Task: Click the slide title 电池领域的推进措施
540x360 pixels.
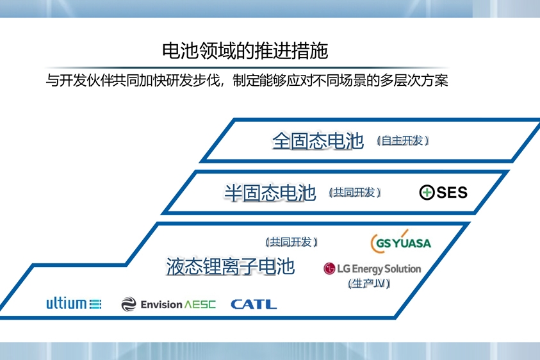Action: (245, 51)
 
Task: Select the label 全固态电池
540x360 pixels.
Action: (318, 141)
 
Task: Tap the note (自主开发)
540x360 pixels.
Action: (402, 140)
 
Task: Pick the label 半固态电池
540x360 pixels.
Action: (270, 192)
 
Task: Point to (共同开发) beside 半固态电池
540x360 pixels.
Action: (354, 192)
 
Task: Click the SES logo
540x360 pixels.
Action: (443, 192)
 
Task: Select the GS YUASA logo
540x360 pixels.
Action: (401, 242)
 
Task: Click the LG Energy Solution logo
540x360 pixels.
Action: (372, 268)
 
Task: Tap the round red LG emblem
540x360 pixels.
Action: (330, 269)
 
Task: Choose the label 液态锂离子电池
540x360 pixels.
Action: (230, 266)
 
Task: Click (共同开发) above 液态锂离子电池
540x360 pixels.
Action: (291, 241)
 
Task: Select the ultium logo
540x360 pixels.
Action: (74, 304)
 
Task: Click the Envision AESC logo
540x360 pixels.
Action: (168, 304)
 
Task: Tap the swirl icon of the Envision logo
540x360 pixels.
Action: (129, 304)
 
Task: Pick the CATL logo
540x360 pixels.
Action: (254, 304)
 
